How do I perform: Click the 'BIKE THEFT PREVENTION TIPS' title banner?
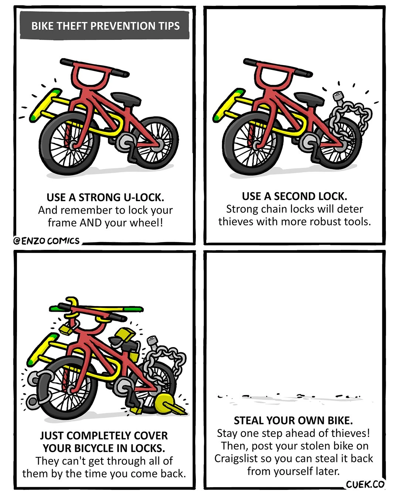105,25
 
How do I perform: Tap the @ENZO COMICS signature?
47,241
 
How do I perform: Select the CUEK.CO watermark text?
365,484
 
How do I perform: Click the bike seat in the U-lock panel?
126,98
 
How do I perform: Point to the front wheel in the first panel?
69,143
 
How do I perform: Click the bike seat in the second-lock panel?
309,98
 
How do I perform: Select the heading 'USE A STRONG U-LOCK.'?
105,197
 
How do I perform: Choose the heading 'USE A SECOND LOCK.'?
294,196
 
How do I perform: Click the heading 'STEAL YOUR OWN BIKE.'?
293,421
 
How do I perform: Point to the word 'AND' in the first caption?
91,223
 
